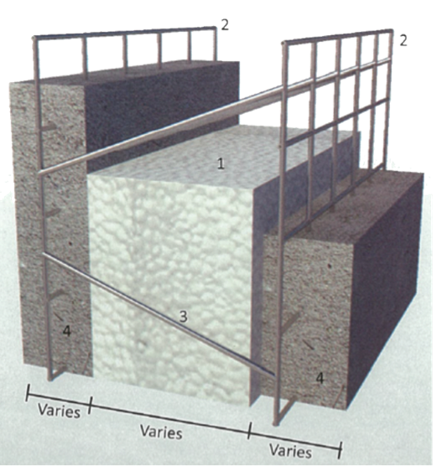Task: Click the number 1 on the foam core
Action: coord(220,164)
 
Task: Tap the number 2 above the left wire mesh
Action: coord(224,23)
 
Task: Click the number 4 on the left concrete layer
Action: coord(66,331)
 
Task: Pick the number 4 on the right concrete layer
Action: coord(320,378)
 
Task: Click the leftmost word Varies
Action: coord(59,412)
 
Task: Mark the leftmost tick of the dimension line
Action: coord(29,391)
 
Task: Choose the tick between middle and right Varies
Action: coord(249,432)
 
